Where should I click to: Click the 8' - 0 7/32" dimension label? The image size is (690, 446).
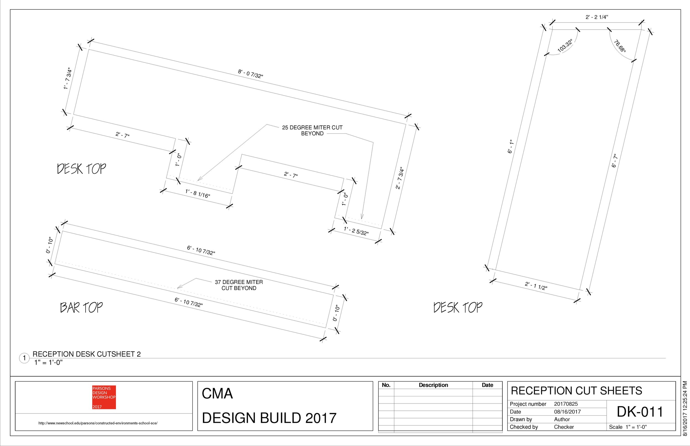[251, 74]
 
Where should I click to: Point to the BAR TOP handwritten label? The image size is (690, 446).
[81, 307]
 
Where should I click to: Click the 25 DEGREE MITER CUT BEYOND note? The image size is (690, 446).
[312, 130]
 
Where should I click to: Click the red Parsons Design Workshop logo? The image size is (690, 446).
[104, 397]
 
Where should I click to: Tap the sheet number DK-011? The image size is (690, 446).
[640, 412]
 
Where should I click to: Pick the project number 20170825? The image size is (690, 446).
[566, 404]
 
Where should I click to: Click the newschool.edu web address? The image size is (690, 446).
[98, 423]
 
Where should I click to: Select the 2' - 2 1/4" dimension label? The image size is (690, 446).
[597, 17]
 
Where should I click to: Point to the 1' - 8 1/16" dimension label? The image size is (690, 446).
[197, 194]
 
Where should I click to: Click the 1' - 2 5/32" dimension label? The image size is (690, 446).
[356, 231]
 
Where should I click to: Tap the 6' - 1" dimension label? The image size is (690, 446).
[511, 147]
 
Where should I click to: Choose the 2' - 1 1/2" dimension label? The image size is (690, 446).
[536, 286]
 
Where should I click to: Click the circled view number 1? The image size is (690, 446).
[24, 358]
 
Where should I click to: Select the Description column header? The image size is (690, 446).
[433, 385]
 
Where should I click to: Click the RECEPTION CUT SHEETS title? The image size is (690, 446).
[576, 391]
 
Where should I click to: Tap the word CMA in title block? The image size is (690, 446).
[217, 394]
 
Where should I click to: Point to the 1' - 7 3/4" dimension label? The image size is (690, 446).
[68, 78]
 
